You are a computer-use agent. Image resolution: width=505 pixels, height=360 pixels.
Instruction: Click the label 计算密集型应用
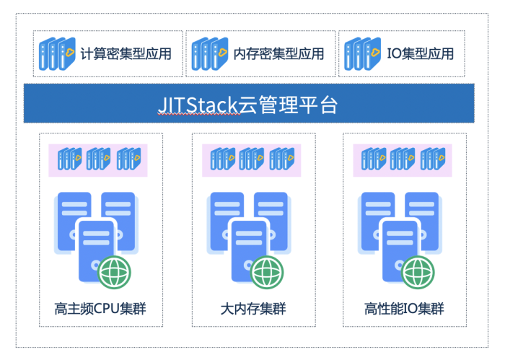[126, 53]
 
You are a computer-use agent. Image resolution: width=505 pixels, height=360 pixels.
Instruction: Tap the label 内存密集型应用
[278, 53]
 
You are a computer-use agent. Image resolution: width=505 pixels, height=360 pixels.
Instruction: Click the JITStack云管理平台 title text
[247, 105]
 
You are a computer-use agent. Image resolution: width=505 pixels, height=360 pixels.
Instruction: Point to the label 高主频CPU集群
[105, 309]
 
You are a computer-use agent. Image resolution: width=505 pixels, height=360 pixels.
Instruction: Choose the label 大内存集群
[252, 309]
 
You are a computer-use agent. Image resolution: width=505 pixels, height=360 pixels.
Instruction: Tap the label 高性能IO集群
[404, 309]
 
